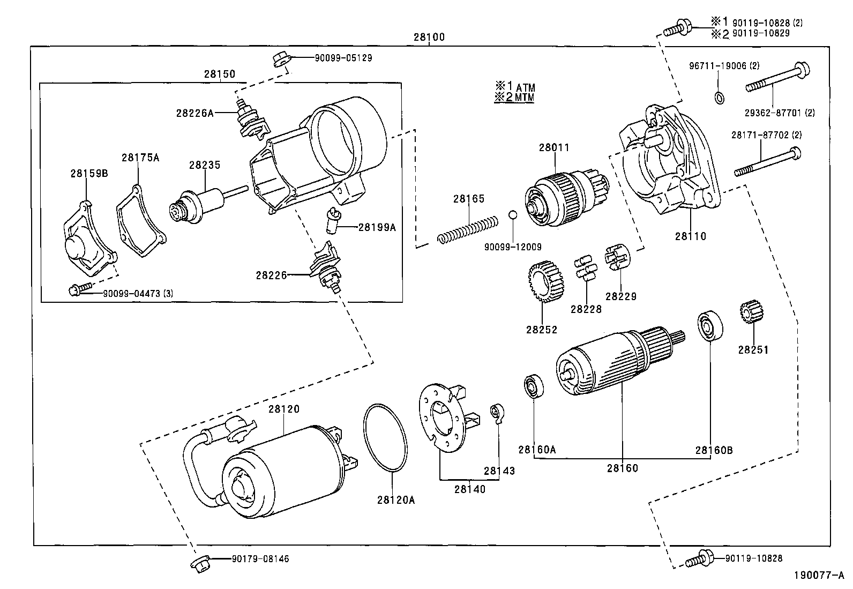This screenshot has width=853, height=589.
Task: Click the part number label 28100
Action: pos(429,38)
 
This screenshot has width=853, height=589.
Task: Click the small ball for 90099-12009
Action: pos(513,215)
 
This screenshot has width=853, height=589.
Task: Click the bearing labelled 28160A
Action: pos(534,387)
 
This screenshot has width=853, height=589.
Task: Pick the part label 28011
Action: pos(554,147)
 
